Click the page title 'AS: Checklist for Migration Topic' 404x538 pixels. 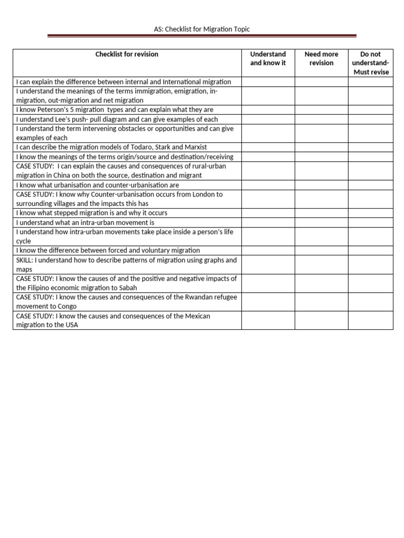[202, 29]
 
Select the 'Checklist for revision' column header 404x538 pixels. [127, 54]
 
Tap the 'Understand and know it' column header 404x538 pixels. [268, 58]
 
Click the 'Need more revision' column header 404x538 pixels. [321, 58]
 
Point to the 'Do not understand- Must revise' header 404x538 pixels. [371, 63]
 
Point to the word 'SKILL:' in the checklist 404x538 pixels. [25, 260]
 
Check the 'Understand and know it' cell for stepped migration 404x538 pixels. [268, 213]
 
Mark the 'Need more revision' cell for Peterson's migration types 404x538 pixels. [321, 110]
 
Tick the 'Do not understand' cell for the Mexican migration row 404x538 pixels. [371, 320]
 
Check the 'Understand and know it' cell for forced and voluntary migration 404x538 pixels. [268, 251]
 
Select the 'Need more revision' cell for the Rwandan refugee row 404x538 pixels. [321, 302]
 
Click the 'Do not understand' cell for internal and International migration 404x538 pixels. [371, 82]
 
